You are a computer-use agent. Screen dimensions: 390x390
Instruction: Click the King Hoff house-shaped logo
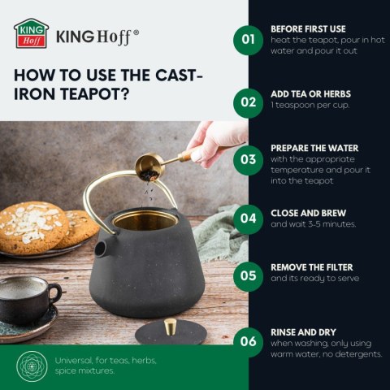31,33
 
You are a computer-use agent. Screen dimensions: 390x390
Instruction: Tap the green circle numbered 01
248,40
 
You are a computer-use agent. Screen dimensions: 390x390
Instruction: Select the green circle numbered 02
248,103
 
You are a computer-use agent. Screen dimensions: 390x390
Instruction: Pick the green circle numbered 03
248,160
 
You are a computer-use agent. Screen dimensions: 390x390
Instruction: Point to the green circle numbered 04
248,219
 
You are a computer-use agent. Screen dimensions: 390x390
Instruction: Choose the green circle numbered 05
248,276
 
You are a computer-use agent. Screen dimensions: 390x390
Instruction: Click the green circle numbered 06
248,342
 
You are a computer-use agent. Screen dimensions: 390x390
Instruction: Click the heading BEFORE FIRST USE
308,29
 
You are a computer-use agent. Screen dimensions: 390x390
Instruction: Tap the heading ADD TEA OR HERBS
310,94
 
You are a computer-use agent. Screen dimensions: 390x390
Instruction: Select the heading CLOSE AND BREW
308,213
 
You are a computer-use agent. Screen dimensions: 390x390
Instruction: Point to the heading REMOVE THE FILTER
312,267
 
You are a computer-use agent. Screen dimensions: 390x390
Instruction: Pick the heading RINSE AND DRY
303,332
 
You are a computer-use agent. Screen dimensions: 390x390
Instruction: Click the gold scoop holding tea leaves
149,167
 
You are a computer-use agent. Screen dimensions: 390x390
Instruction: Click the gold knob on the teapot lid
171,327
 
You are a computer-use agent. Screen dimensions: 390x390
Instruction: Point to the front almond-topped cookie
32,228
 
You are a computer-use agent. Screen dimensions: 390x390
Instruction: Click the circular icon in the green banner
32,366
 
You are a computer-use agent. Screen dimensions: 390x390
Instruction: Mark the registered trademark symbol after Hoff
136,32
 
